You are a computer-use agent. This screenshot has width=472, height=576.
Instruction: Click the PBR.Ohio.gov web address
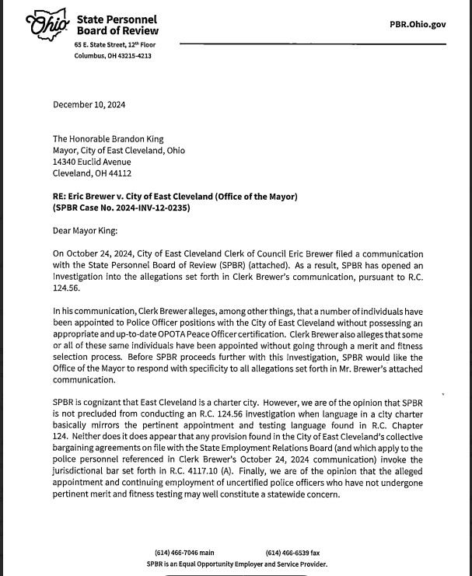coord(418,24)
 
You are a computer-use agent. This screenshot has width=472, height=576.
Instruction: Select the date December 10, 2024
coord(89,105)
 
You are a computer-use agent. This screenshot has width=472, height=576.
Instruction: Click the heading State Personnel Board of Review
coord(117,25)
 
